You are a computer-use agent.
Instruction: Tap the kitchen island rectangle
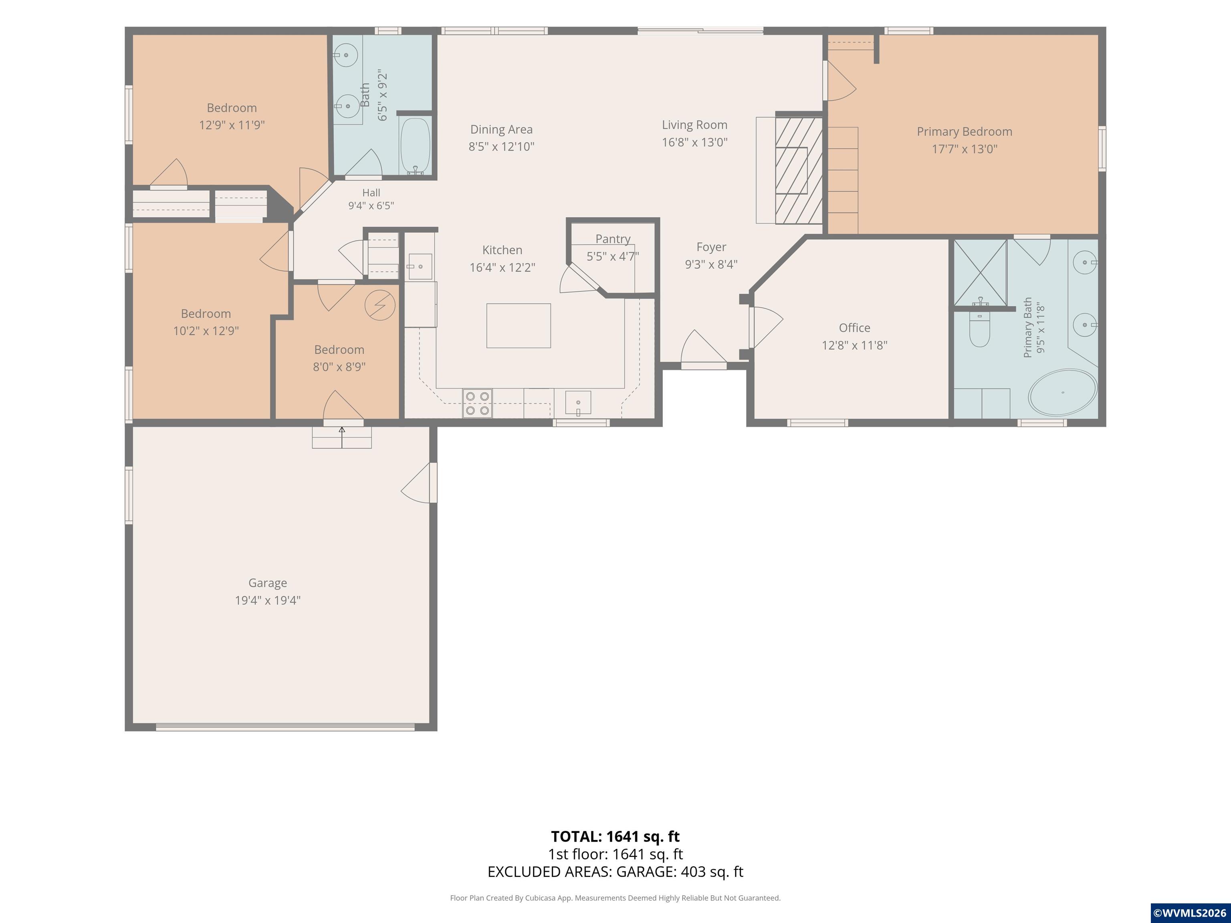point(519,325)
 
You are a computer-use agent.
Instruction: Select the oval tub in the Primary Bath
point(1062,393)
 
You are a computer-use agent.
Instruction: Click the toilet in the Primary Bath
point(979,329)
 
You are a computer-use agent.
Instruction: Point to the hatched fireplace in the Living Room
point(799,170)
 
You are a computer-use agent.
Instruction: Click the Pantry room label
point(613,239)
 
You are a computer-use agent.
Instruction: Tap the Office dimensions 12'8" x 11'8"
point(854,345)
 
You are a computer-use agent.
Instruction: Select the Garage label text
point(268,583)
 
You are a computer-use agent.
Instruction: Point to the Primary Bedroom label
point(965,132)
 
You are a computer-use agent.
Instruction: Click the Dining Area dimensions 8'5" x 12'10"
point(501,146)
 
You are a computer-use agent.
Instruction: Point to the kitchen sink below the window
point(578,403)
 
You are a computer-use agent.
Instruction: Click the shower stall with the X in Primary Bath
point(980,272)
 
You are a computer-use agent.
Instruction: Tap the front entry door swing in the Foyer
point(703,347)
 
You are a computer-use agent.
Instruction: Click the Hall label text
point(371,193)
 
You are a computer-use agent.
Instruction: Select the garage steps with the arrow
point(342,437)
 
